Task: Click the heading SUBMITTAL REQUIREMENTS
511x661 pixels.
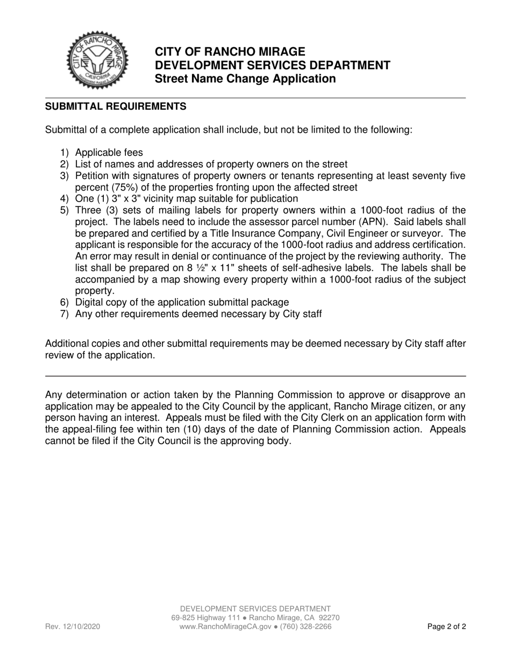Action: click(x=116, y=106)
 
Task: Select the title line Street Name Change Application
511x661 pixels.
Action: click(x=245, y=79)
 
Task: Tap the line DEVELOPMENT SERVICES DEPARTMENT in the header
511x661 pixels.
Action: click(x=273, y=66)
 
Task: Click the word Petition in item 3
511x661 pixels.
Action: click(x=93, y=176)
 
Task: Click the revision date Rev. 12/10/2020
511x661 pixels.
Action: click(x=72, y=627)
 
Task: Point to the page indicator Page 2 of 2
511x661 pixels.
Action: click(x=446, y=627)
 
